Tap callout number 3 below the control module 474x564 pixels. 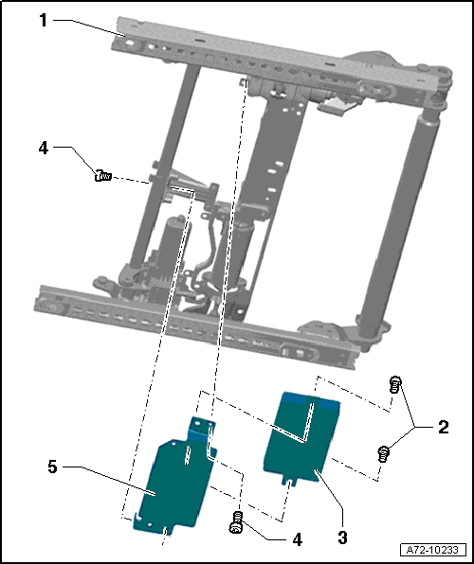tap(342, 538)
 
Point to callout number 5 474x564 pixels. tap(53, 467)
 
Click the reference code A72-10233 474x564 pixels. tap(432, 550)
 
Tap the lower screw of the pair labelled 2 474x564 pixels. tap(384, 453)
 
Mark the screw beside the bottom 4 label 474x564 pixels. tap(237, 520)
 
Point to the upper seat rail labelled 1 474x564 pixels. tap(237, 57)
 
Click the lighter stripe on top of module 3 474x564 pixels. tap(309, 399)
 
